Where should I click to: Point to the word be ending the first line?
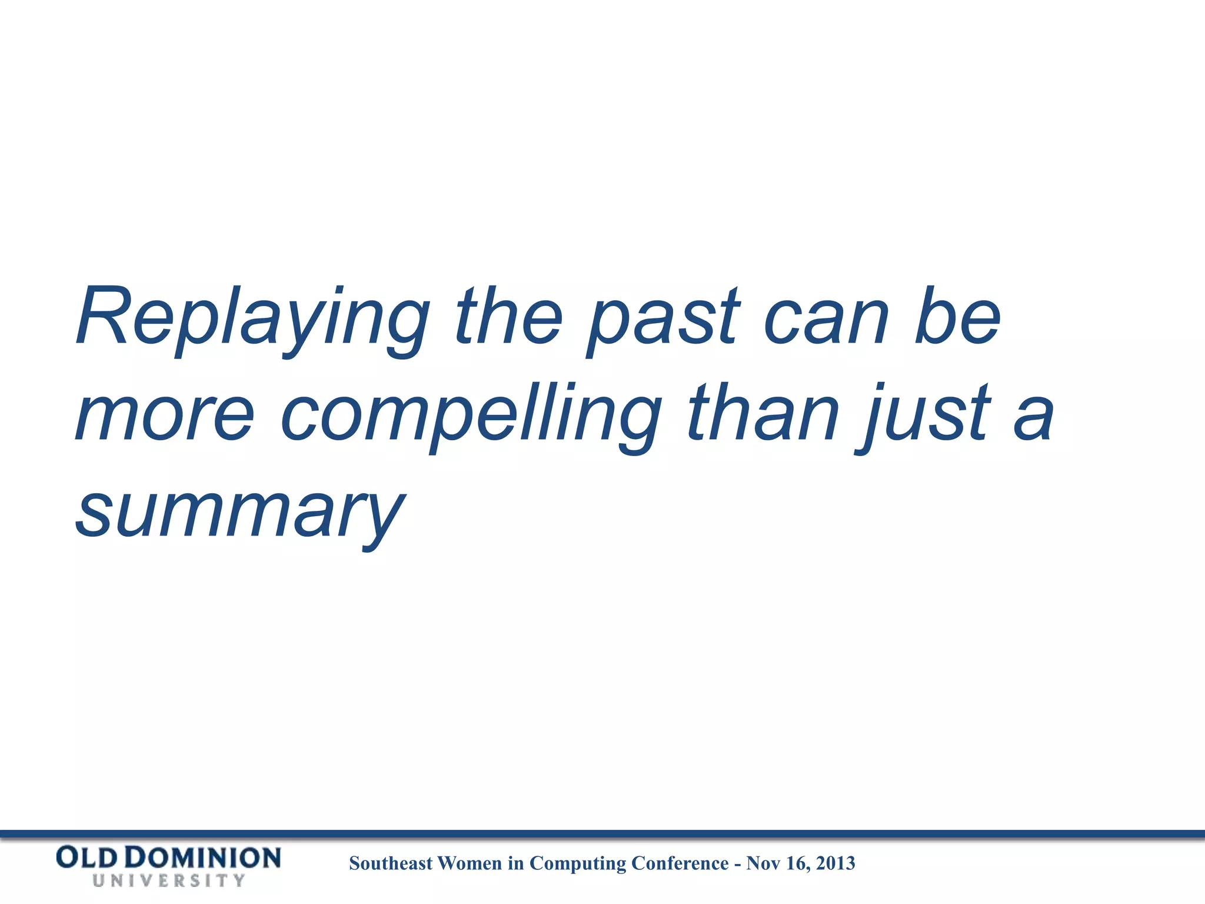point(958,318)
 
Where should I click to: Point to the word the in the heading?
point(510,318)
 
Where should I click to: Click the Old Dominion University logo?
point(168,865)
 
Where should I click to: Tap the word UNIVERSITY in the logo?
point(168,881)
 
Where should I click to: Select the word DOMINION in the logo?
point(203,858)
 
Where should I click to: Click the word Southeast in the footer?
point(391,863)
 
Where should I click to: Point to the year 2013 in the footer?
point(835,863)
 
